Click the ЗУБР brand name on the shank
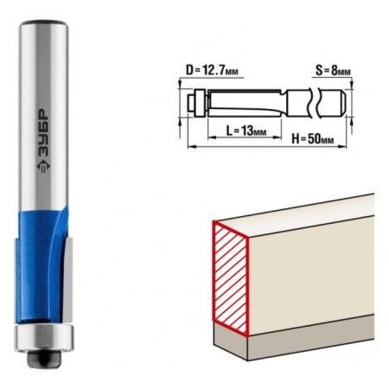pyautogui.click(x=43, y=133)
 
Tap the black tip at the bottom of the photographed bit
pyautogui.click(x=44, y=358)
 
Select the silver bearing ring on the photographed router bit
pyautogui.click(x=44, y=337)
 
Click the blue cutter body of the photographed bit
pyautogui.click(x=41, y=265)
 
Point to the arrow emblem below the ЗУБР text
pyautogui.click(x=43, y=167)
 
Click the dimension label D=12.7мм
pyautogui.click(x=212, y=70)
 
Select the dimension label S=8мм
pyautogui.click(x=333, y=70)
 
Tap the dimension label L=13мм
pyautogui.click(x=246, y=131)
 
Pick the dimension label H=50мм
pyautogui.click(x=313, y=139)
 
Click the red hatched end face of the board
pyautogui.click(x=231, y=278)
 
